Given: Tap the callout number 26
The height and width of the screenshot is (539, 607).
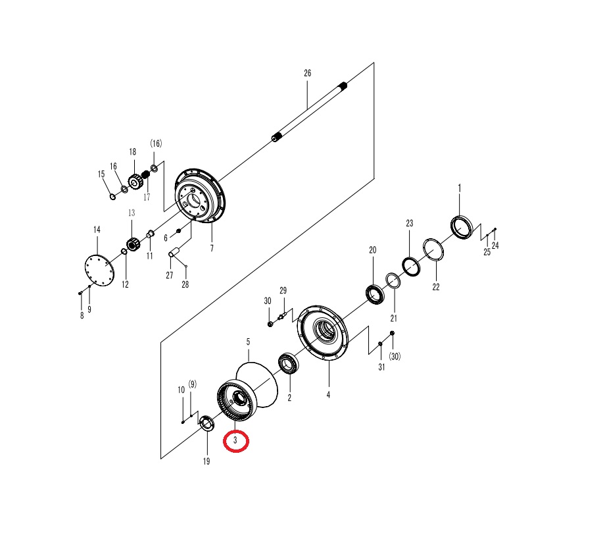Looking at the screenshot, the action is [307, 73].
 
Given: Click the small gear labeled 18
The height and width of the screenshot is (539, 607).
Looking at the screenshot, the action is [135, 181].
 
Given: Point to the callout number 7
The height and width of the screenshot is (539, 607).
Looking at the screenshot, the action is [212, 248].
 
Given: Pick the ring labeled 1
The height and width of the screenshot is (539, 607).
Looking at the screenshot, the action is [462, 227].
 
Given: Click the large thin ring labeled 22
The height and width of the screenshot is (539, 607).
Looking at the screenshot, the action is [433, 249].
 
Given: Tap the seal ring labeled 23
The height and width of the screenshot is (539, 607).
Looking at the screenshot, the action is [411, 267].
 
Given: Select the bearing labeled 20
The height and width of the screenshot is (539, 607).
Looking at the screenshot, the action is [375, 294].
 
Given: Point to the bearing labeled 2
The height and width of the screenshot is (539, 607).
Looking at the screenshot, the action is [288, 363].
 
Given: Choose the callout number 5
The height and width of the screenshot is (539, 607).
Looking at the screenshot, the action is [248, 342].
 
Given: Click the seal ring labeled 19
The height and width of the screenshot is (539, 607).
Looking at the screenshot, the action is [206, 423].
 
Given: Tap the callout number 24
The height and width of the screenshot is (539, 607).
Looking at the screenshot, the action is [495, 245].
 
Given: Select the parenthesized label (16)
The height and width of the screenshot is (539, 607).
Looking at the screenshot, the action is [156, 143].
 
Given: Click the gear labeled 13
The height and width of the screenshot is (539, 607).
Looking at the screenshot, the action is [133, 245].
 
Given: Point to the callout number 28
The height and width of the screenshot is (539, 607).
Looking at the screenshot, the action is [185, 284].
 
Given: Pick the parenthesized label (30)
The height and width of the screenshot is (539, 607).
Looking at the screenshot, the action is [395, 356].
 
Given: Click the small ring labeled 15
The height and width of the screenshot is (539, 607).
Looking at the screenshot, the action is [112, 197].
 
